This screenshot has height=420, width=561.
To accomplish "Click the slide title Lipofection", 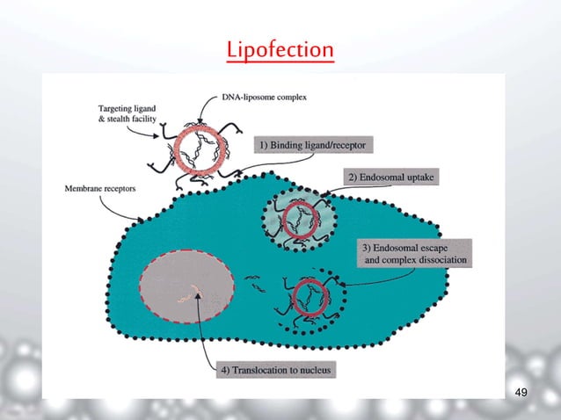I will coord(280,49).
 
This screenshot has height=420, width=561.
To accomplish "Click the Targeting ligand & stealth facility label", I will coord(126,115).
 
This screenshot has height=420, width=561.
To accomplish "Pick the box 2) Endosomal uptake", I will coord(391,177).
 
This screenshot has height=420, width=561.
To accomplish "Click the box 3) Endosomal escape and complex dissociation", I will coord(413,252).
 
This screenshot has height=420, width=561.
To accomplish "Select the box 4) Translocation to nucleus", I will coord(275,371).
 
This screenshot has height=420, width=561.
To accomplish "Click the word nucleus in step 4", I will coord(310,371).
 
